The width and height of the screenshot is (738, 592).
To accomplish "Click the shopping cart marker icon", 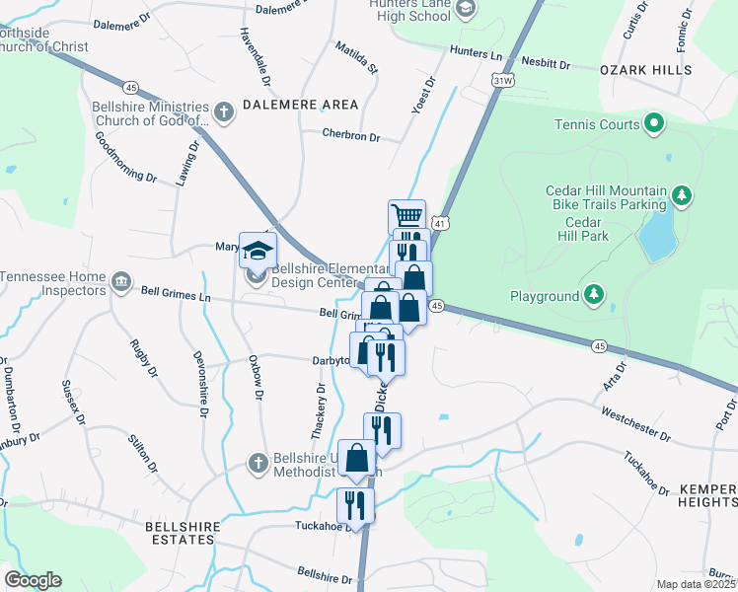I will (406, 215).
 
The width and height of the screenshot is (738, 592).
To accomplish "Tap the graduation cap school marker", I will (258, 253).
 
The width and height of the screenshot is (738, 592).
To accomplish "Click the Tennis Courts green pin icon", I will (652, 124).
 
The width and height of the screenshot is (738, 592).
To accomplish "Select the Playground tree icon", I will (593, 295).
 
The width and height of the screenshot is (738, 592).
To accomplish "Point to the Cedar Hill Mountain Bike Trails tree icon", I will (681, 197).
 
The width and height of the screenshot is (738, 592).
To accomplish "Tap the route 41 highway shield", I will (442, 225).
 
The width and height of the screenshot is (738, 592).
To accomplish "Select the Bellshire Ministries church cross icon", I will (224, 112).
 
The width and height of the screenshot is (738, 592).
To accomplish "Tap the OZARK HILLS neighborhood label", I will (645, 70).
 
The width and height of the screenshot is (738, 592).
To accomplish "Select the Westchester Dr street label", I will (635, 424).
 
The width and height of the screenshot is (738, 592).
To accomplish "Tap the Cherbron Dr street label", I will (350, 137).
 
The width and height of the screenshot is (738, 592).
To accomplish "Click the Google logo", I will (33, 580).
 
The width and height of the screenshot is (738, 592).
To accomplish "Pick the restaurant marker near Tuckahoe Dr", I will (354, 504).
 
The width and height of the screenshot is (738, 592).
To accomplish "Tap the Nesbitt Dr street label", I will (545, 63).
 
